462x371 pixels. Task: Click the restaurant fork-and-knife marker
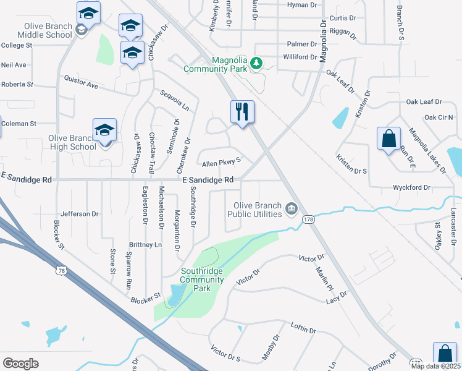pyautogui.click(x=242, y=112)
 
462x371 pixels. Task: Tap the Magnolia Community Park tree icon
pyautogui.click(x=257, y=63)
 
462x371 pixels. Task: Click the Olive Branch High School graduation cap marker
pyautogui.click(x=104, y=130)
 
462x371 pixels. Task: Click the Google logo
pyautogui.click(x=21, y=363)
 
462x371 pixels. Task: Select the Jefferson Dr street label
pyautogui.click(x=80, y=214)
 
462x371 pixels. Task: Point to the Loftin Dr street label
pyautogui.click(x=303, y=331)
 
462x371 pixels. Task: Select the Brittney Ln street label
pyautogui.click(x=145, y=245)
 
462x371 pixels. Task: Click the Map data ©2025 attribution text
pyautogui.click(x=435, y=366)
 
